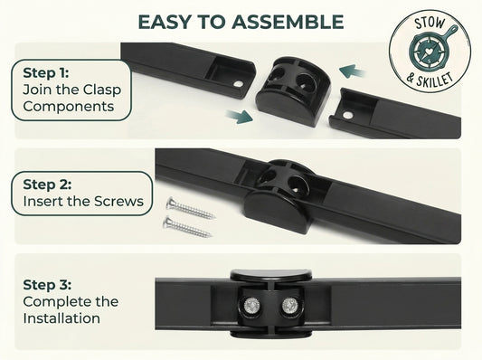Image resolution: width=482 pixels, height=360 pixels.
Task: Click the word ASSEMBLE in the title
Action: coord(288,22)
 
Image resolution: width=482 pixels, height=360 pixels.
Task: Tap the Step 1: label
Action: coord(46,73)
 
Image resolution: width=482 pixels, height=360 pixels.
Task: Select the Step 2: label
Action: coord(47,185)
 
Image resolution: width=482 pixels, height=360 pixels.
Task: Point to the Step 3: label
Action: coord(47,285)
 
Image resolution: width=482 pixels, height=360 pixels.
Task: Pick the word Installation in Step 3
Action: coord(61,318)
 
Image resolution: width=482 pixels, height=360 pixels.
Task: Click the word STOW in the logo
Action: coord(430,23)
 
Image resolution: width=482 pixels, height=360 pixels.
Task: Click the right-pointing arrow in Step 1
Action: coord(240,117)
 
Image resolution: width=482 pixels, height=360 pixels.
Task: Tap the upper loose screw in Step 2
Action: coord(190,208)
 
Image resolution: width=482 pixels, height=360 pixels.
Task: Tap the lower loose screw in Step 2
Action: coord(187,227)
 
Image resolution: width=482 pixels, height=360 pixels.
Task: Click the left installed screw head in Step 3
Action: coord(250,306)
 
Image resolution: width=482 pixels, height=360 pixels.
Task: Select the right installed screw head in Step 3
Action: coord(289,306)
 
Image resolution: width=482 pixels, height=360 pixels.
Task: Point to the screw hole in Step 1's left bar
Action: coord(238,83)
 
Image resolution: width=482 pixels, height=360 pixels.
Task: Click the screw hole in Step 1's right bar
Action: coord(347,116)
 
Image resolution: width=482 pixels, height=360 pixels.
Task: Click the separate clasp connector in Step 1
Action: coord(293,91)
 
